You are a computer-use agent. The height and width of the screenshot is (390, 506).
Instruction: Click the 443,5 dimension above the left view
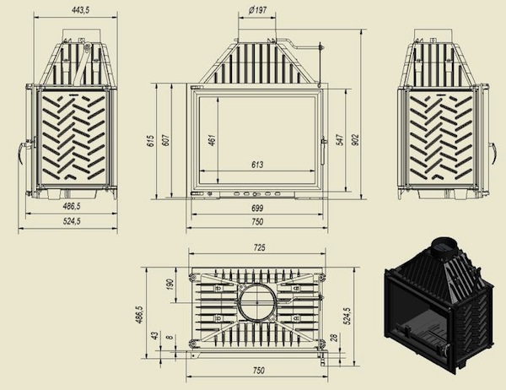(x=69, y=9)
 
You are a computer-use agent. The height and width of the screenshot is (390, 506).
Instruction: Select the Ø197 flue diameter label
(x=258, y=9)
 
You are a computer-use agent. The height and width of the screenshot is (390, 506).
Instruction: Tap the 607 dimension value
(x=166, y=139)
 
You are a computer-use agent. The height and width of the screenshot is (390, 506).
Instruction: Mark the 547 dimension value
(x=339, y=139)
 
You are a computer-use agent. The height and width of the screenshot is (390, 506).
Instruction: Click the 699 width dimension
(x=257, y=208)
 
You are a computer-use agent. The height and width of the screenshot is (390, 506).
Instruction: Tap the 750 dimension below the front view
(x=257, y=222)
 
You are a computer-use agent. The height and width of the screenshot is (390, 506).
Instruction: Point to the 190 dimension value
(x=170, y=285)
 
